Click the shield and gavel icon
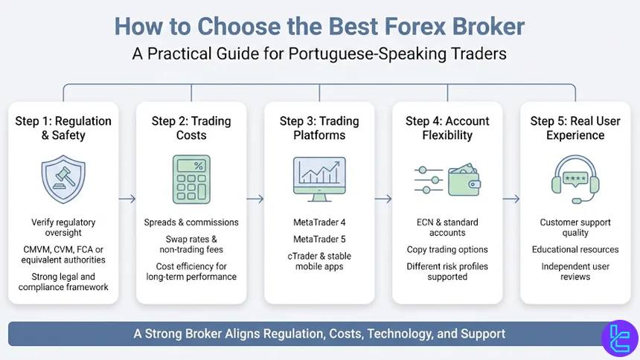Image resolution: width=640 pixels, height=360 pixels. click(x=63, y=179)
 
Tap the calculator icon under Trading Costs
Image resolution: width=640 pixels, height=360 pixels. click(x=191, y=179)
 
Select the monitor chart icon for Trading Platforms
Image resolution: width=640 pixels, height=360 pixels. click(x=319, y=179)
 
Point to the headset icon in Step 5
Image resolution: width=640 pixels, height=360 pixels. click(x=575, y=179)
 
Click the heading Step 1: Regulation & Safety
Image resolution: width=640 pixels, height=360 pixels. click(x=63, y=128)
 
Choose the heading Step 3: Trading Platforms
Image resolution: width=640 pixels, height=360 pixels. click(x=319, y=128)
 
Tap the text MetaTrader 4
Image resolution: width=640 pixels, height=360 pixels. click(x=319, y=222)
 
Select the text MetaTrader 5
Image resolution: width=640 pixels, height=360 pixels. click(x=319, y=240)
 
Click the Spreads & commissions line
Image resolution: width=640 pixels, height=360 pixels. click(x=191, y=222)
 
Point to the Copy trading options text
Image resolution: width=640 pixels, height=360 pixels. click(x=447, y=249)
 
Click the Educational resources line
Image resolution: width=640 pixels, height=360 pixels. click(x=575, y=249)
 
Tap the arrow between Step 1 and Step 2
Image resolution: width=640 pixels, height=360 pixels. click(x=127, y=199)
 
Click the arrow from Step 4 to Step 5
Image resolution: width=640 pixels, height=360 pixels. click(x=511, y=199)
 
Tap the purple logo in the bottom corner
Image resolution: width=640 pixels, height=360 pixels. click(x=619, y=338)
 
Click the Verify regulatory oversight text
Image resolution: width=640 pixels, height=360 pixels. click(x=63, y=228)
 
